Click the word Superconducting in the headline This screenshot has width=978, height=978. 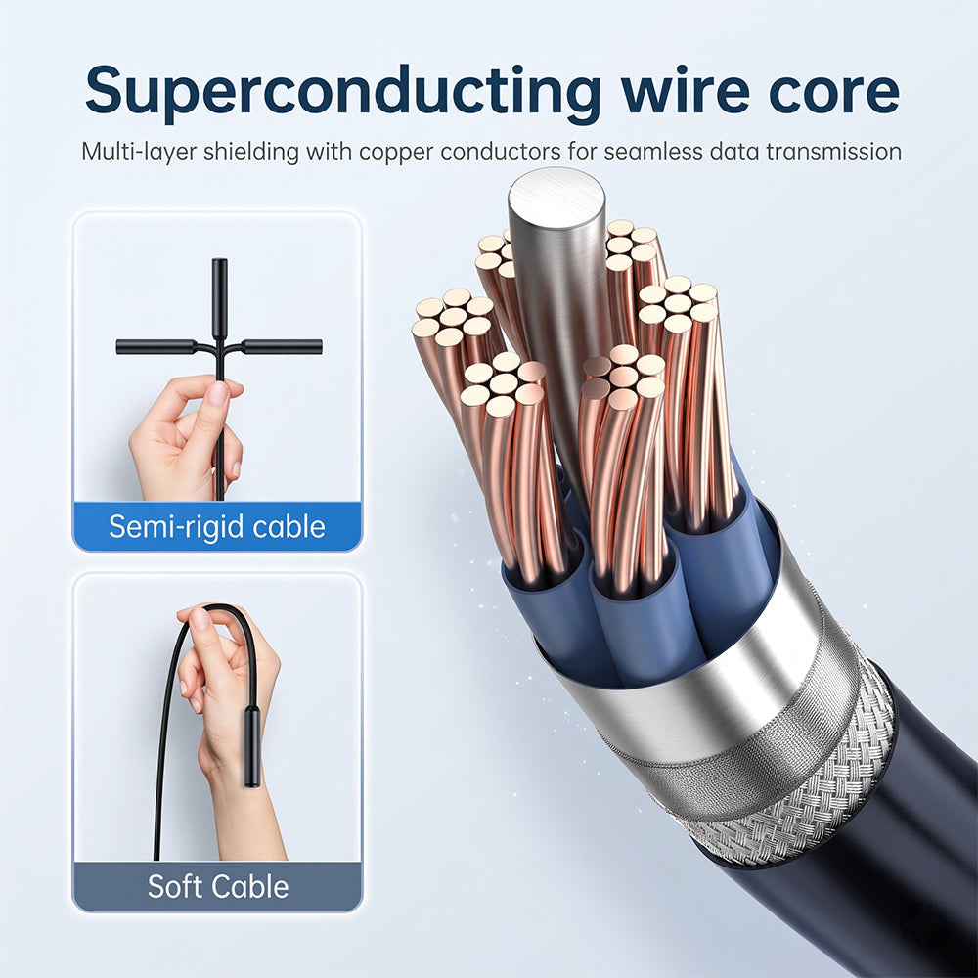click(342, 91)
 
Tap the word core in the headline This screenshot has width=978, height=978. click(834, 91)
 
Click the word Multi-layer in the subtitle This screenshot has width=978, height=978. click(139, 152)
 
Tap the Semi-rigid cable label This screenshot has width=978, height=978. click(217, 526)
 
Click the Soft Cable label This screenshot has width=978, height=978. click(218, 886)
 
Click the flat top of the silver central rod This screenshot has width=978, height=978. click(556, 198)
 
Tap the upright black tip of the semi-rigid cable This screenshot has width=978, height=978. click(219, 298)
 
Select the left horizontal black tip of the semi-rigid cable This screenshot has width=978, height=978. click(156, 347)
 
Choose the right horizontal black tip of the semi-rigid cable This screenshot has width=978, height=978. click(282, 347)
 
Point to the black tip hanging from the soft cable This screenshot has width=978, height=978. click(252, 746)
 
